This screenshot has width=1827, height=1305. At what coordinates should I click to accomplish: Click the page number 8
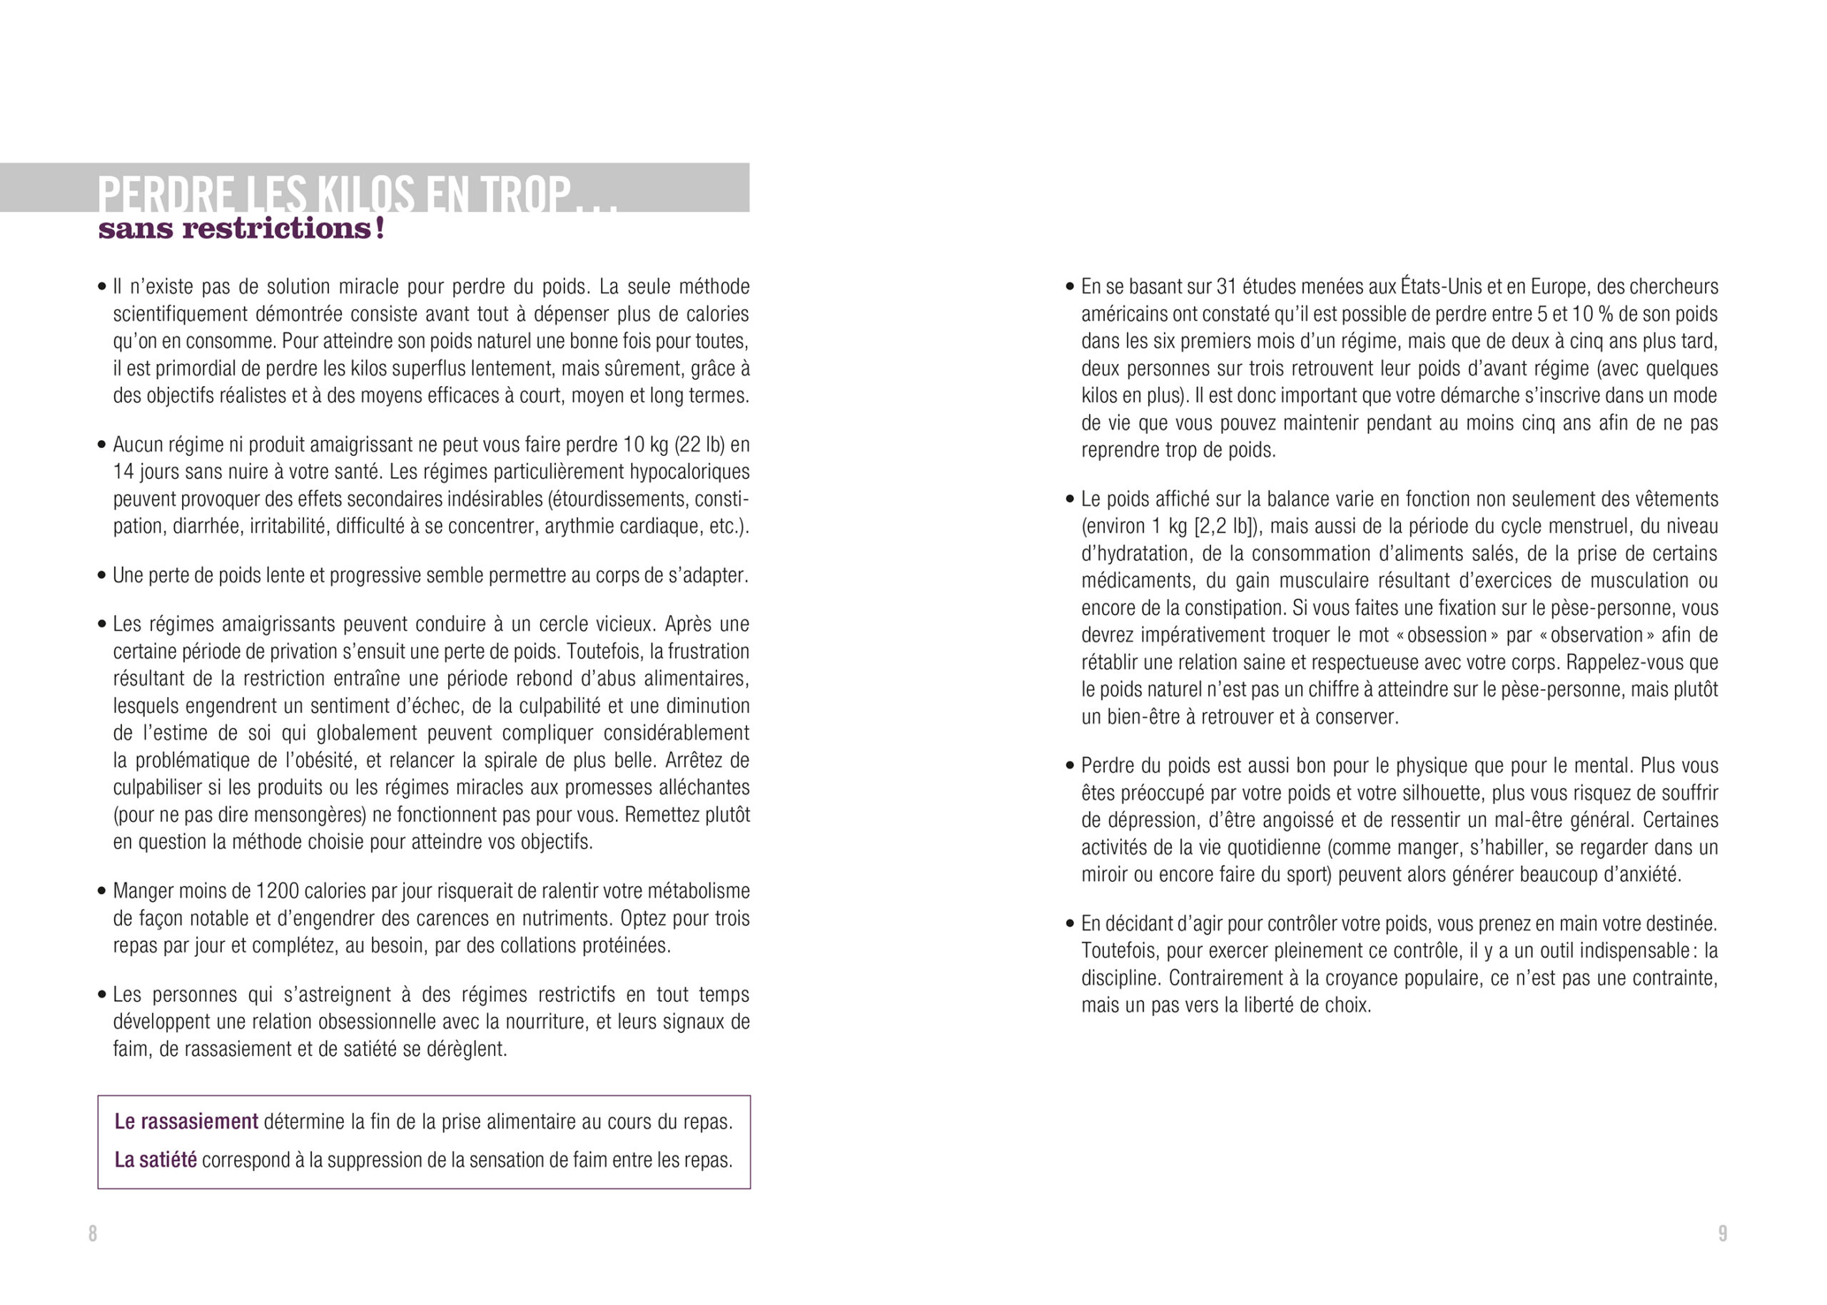(x=93, y=1234)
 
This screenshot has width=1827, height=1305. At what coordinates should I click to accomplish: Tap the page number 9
(x=1723, y=1234)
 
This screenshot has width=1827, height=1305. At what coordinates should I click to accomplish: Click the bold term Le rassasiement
(x=186, y=1122)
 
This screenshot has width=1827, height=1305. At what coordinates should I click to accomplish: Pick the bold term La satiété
(x=155, y=1160)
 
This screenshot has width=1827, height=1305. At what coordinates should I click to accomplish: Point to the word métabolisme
(x=699, y=891)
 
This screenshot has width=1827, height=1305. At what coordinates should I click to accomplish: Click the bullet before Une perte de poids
(x=102, y=577)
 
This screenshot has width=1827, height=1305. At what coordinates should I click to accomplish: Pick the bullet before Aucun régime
(x=102, y=445)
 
